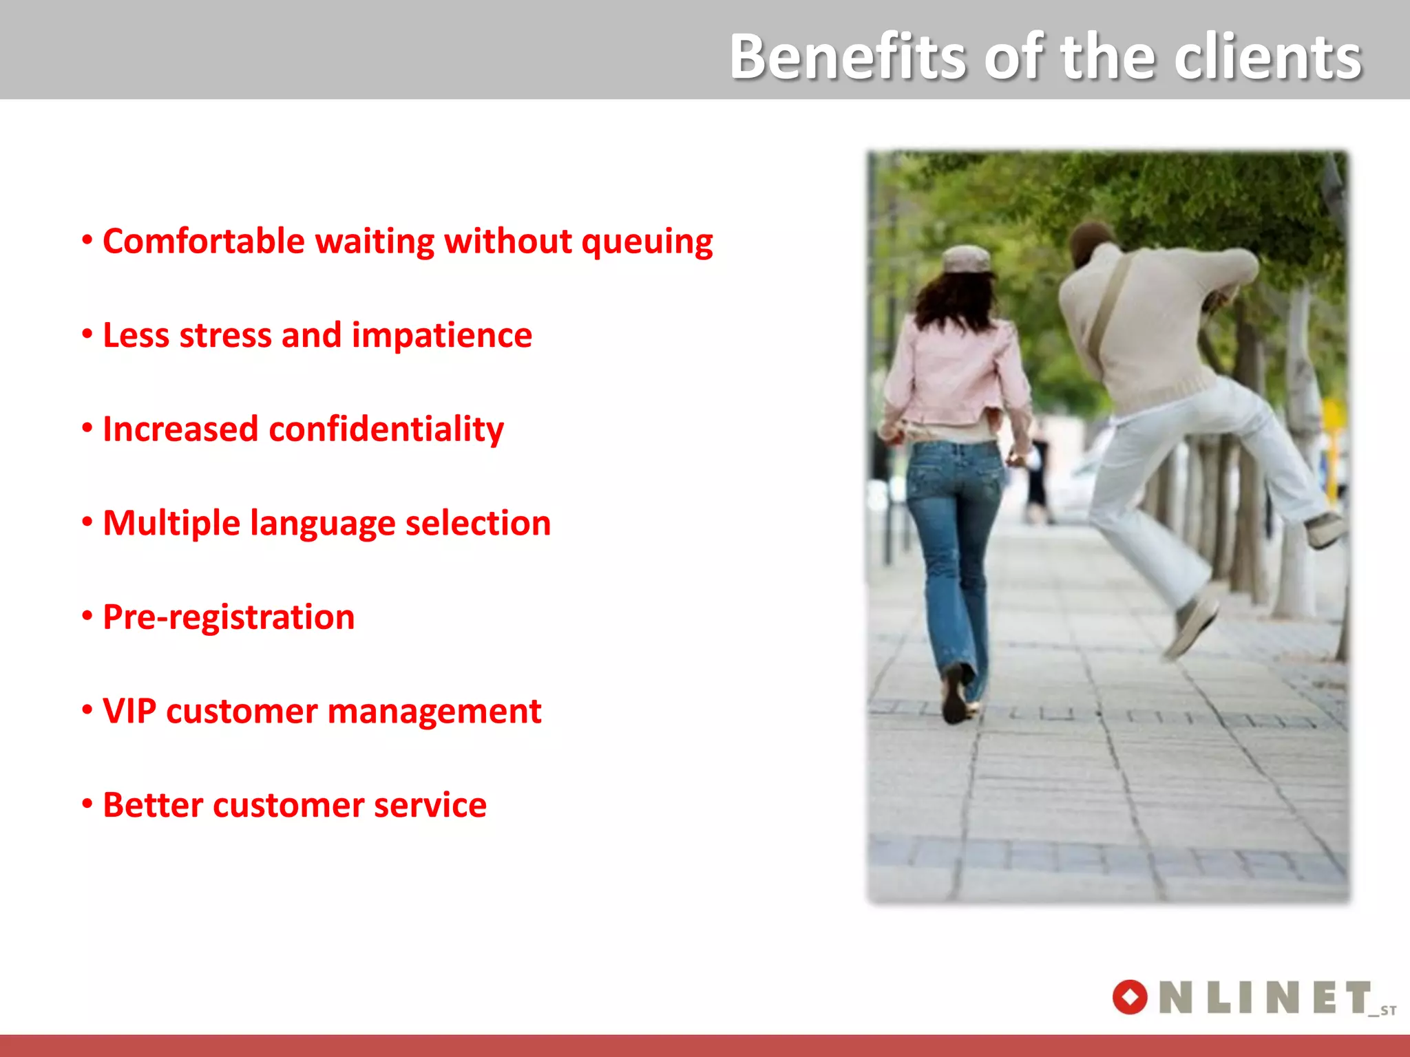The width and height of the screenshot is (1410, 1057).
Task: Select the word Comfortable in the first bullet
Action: (x=203, y=242)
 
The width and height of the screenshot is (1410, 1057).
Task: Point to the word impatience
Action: (x=441, y=336)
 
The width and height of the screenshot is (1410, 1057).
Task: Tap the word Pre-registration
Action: (x=229, y=617)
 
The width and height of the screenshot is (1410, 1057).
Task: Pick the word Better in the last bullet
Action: (x=152, y=805)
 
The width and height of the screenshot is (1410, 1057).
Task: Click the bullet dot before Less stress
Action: (x=87, y=334)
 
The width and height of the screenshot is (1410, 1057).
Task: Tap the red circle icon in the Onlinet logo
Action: (x=1130, y=997)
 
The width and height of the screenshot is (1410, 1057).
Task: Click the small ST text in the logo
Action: (x=1387, y=1011)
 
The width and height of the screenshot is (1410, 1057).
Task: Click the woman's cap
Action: (x=967, y=259)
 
